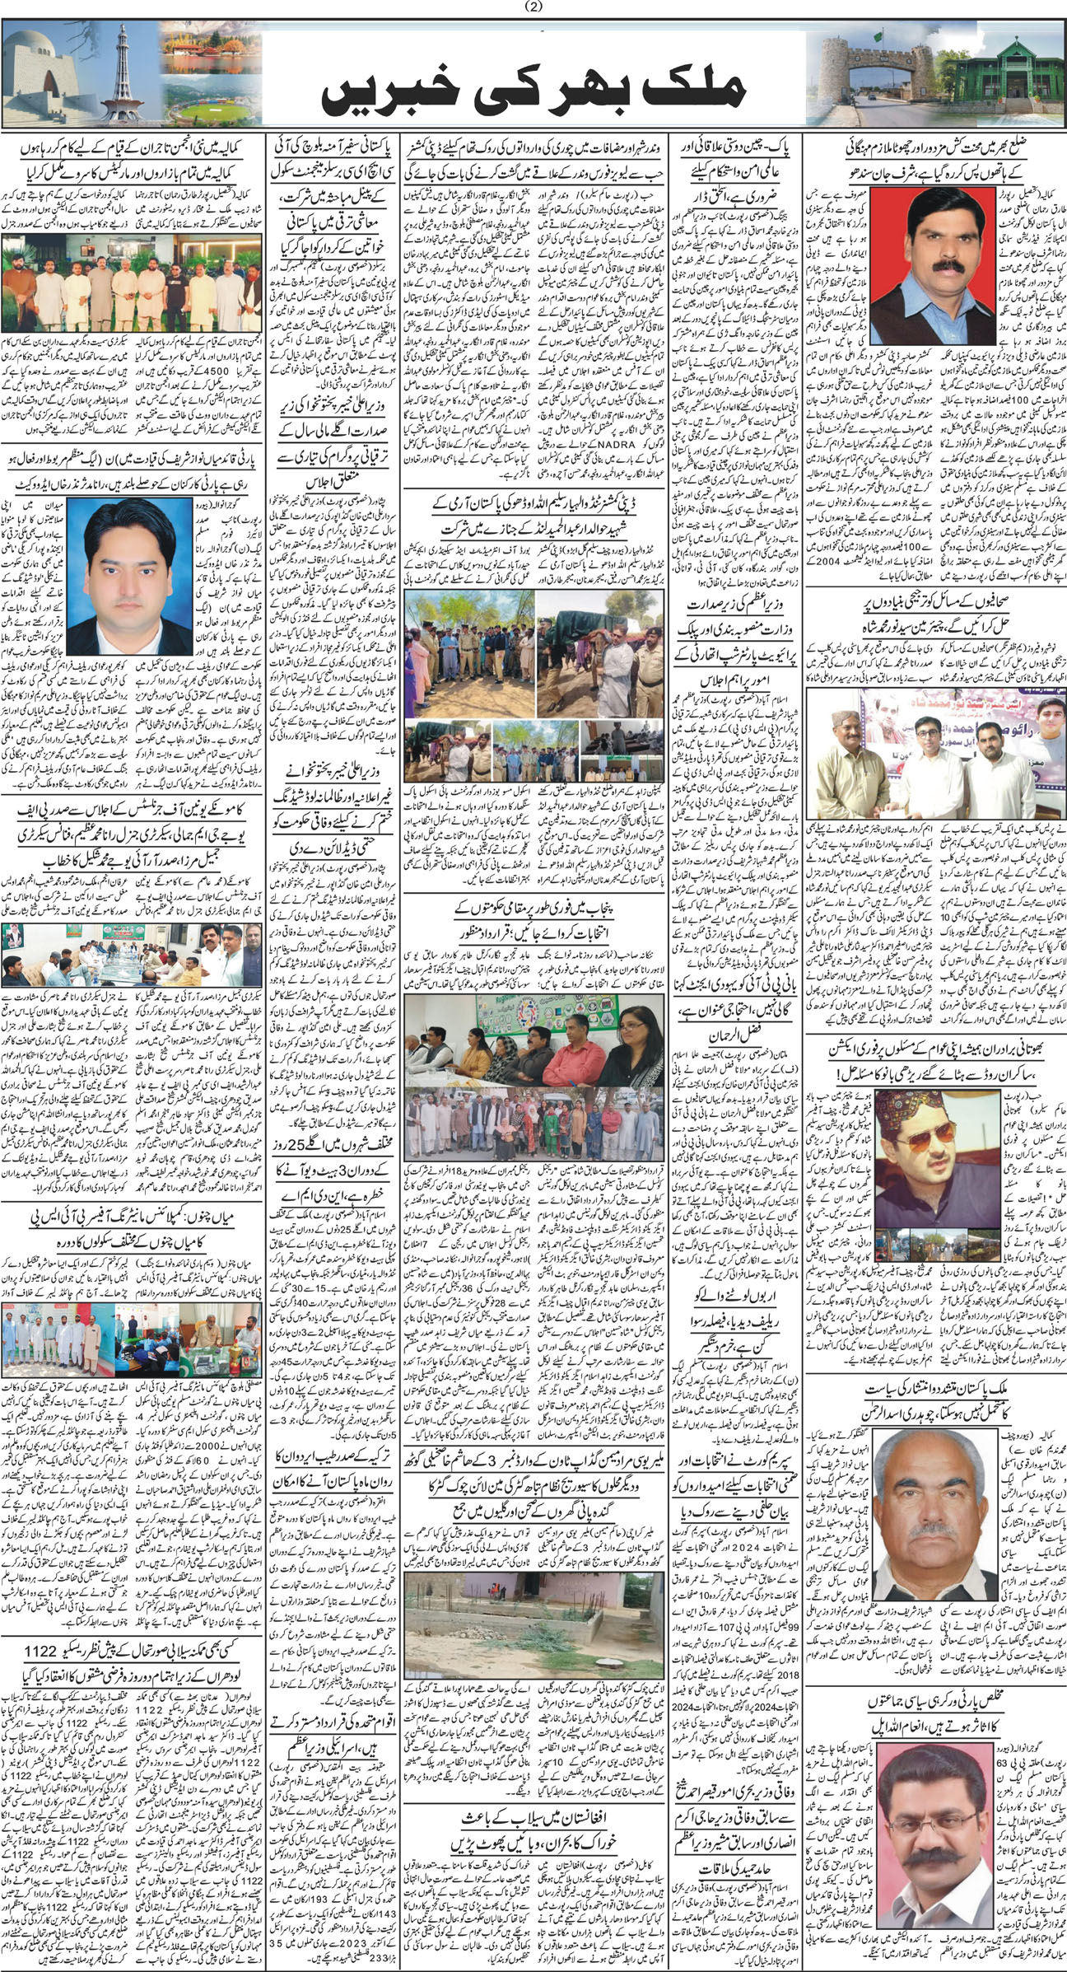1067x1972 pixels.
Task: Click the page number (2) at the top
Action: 533,9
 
